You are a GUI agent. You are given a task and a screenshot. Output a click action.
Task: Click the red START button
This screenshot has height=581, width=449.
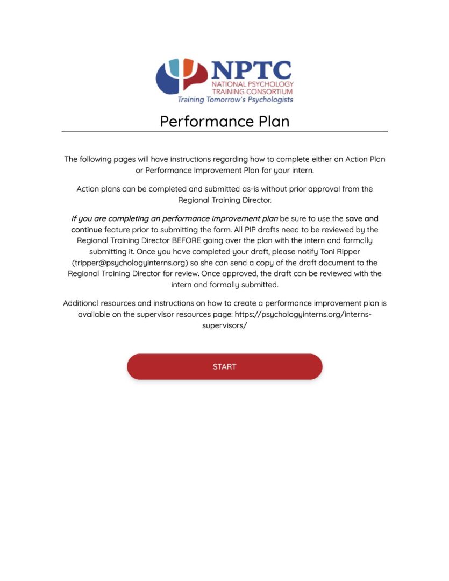pos(224,367)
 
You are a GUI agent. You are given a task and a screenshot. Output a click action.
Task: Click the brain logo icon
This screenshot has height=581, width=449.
pos(181,76)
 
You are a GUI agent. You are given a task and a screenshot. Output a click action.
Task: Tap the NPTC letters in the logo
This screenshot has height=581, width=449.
pos(251,70)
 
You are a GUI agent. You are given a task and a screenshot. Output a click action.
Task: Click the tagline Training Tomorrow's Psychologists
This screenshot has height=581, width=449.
pos(235,100)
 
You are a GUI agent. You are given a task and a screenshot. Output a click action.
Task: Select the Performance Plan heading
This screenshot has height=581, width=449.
pos(224,121)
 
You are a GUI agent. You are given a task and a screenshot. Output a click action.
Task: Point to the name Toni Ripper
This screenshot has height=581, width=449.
pos(351,251)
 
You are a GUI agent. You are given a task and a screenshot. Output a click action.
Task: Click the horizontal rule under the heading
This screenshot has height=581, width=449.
pos(224,131)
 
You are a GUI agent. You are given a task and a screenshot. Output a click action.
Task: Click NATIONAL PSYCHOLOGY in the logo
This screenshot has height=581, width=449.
pos(252,84)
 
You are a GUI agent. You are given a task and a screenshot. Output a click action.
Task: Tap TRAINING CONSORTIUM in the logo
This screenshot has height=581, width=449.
pos(252,92)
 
